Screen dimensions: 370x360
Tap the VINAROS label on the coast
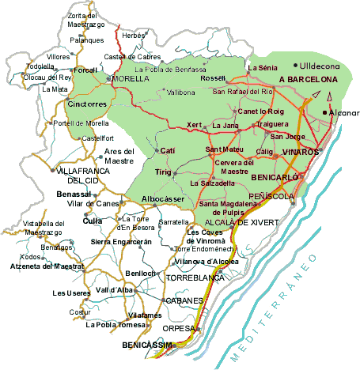[300, 150]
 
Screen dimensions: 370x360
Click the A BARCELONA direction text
[309, 80]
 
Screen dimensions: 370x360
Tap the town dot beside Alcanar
[324, 114]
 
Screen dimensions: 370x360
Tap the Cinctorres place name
[87, 104]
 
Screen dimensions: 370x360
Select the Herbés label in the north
[135, 36]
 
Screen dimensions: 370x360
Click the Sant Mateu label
[224, 149]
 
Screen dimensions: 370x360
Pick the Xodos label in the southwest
[29, 257]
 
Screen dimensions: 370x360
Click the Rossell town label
[213, 79]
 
